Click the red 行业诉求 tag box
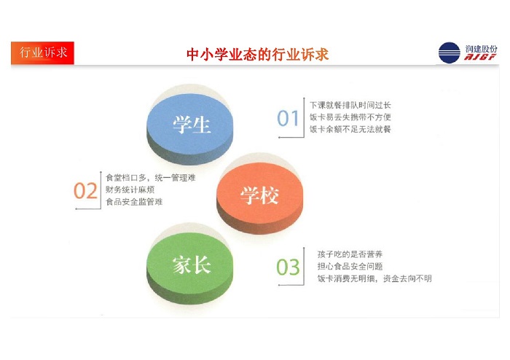(42, 52)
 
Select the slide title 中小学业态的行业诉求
(258, 55)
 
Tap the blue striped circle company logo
(450, 52)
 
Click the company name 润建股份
(481, 49)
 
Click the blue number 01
(288, 118)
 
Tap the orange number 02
(85, 191)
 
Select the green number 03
(289, 267)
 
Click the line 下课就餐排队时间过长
(350, 105)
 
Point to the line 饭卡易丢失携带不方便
(350, 117)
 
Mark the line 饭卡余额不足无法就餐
(350, 129)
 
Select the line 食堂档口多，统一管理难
(151, 178)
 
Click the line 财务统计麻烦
(130, 189)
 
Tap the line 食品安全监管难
(134, 202)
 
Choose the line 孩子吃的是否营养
(350, 254)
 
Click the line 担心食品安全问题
(350, 266)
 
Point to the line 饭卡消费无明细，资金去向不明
(374, 278)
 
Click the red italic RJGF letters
(480, 58)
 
